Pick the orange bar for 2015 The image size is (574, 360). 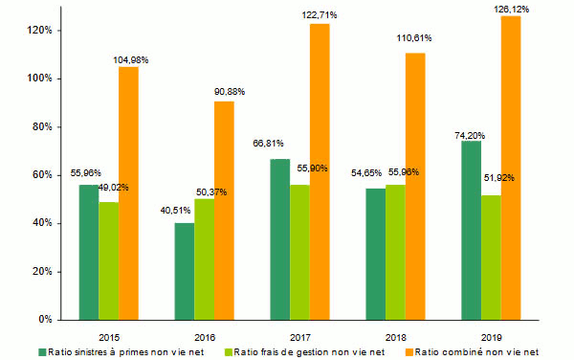click(x=128, y=192)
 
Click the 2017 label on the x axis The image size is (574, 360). click(x=300, y=337)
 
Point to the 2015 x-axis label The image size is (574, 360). click(x=109, y=337)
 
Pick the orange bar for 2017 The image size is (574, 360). click(x=320, y=171)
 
